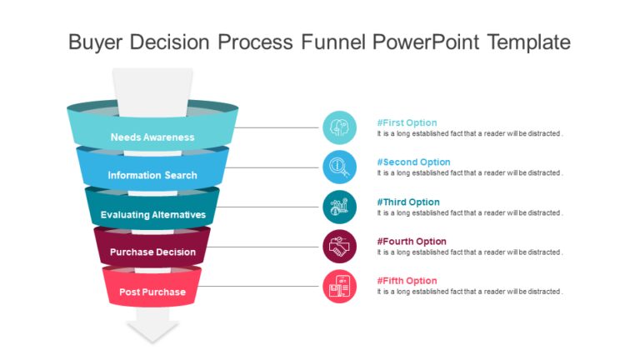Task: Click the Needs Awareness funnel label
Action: click(x=152, y=137)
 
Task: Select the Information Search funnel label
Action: click(x=152, y=176)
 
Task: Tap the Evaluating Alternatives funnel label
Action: click(x=152, y=215)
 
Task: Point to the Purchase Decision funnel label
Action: click(x=152, y=252)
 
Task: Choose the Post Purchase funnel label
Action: click(x=152, y=292)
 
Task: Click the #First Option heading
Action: click(x=407, y=122)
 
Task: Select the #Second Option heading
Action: click(x=413, y=162)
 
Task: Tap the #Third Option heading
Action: click(x=408, y=202)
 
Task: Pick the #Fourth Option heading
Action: click(x=412, y=241)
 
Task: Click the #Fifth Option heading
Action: click(x=407, y=281)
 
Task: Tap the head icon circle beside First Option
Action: click(x=339, y=127)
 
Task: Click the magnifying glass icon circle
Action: click(x=339, y=167)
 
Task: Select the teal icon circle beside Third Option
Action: click(x=339, y=207)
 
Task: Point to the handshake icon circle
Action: click(x=339, y=247)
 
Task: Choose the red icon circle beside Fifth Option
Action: click(x=339, y=287)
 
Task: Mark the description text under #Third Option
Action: click(x=470, y=213)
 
